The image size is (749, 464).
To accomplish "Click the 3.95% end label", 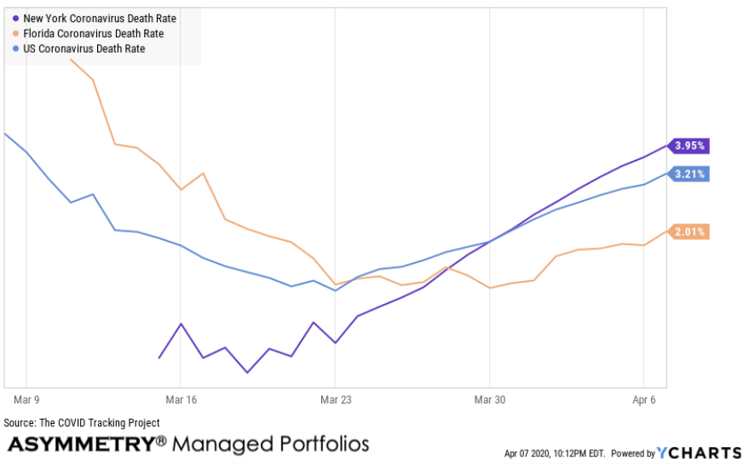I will [689, 146].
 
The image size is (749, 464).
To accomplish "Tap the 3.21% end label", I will [689, 174].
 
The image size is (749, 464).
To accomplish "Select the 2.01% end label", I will [689, 232].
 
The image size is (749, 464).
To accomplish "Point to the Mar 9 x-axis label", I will [27, 398].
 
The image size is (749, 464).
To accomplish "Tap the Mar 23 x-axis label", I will [336, 398].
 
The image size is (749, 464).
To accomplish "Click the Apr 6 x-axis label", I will [644, 398].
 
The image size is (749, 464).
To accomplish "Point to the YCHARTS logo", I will [699, 453].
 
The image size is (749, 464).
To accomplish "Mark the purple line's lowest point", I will [247, 372].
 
